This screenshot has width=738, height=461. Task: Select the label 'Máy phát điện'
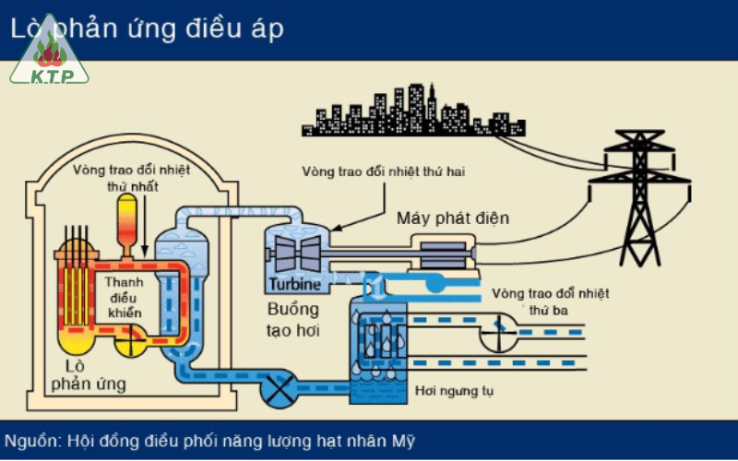[x=453, y=219]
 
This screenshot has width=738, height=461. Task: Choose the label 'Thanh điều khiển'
[x=124, y=298]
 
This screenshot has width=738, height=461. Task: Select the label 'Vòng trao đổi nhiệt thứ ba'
[x=552, y=302]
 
